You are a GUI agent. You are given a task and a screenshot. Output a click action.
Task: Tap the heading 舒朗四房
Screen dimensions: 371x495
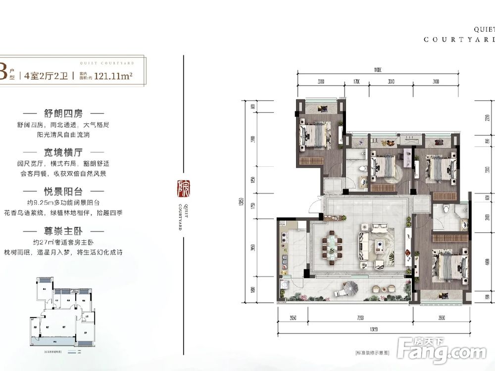pyautogui.click(x=66, y=113)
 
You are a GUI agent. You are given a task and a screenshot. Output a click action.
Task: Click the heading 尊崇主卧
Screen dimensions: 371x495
pyautogui.click(x=66, y=231)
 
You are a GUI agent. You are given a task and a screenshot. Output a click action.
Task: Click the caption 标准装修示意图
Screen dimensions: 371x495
pyautogui.click(x=372, y=353)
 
